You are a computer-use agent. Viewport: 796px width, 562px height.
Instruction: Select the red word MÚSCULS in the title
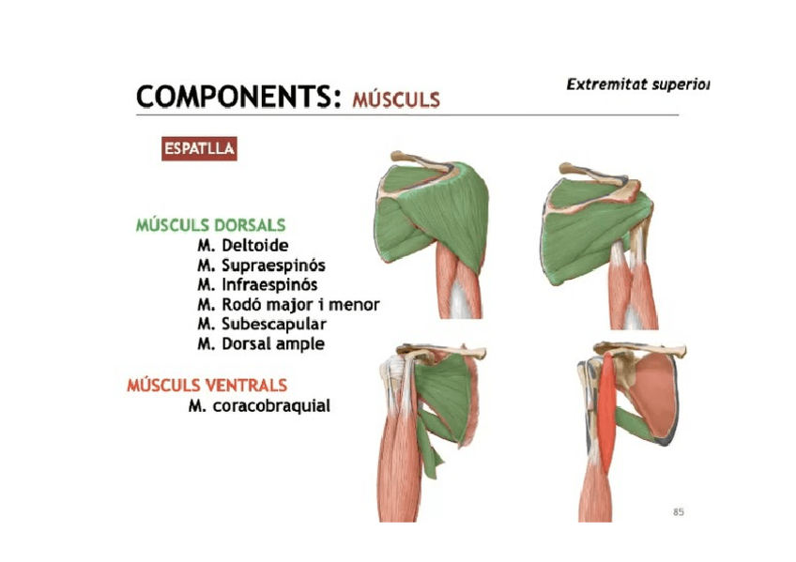point(396,99)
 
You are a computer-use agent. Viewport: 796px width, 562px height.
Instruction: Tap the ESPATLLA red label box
point(199,148)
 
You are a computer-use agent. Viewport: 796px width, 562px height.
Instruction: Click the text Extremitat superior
point(637,84)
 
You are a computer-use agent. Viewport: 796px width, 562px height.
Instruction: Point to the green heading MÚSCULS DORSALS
point(210,225)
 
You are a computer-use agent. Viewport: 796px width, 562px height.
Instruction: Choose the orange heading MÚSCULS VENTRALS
point(207,386)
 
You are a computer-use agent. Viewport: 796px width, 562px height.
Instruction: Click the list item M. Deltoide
point(243,246)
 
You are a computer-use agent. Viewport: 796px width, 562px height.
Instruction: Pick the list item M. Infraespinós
point(257,284)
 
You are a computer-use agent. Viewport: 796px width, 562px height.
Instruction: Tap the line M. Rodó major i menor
point(288,305)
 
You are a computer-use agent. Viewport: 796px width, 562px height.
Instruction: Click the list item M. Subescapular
point(261,325)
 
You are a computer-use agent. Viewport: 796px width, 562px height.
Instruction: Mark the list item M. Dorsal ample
point(260,344)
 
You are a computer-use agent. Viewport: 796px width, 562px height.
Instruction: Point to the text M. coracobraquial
point(258,406)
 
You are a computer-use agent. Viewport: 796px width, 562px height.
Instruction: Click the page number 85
point(679,512)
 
